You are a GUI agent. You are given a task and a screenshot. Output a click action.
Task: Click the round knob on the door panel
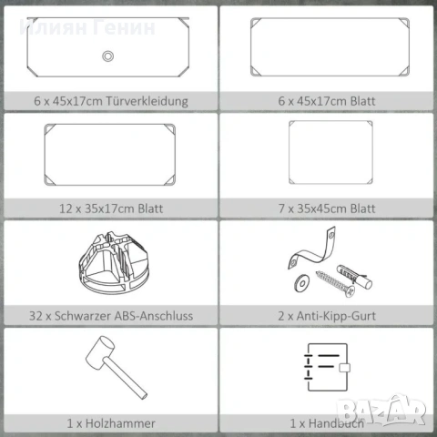click(x=107, y=56)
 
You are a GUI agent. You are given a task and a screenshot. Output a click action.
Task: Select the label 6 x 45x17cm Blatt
click(x=327, y=101)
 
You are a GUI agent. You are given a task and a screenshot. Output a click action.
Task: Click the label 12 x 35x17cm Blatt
click(x=111, y=208)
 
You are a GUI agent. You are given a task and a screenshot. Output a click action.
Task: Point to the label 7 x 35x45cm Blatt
click(x=327, y=208)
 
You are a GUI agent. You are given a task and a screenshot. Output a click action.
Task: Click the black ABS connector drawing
click(x=114, y=262)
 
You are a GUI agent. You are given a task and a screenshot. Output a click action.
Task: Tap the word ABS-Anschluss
click(x=154, y=316)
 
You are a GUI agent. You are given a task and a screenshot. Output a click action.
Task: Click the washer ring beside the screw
click(x=301, y=283)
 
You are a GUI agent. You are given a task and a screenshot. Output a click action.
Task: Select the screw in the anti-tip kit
click(x=335, y=284)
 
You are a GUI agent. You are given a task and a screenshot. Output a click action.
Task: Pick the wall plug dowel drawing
click(x=354, y=277)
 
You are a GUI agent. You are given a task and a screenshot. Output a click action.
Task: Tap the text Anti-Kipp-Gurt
click(x=336, y=316)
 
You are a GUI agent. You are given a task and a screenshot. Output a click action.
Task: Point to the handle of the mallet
click(x=126, y=379)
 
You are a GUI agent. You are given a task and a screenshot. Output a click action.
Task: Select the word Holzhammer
click(x=120, y=423)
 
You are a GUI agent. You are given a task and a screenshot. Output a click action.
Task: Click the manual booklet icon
click(x=327, y=367)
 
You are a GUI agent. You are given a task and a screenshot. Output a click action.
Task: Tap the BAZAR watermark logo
click(x=381, y=410)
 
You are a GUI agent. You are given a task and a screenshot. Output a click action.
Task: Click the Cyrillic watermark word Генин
click(x=124, y=27)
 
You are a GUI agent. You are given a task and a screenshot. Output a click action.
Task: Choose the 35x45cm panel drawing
click(x=330, y=152)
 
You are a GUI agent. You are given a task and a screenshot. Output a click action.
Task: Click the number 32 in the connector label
click(x=36, y=316)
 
